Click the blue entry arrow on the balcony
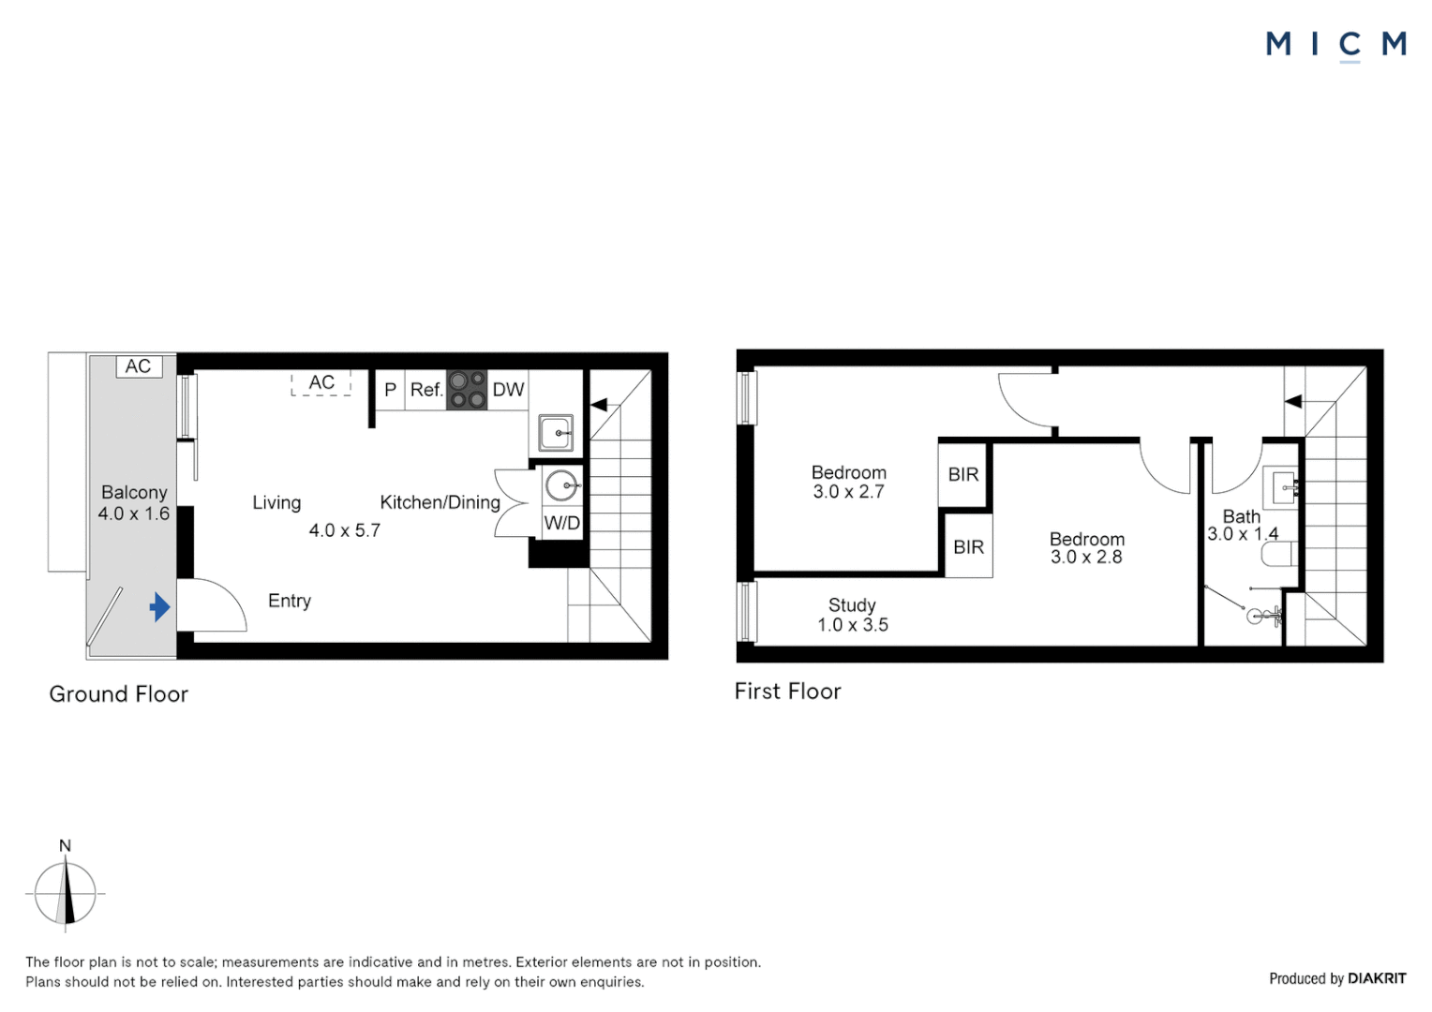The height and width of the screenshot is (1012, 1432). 160,607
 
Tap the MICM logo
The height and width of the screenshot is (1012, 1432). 1335,44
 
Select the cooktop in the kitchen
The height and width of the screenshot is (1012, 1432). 467,390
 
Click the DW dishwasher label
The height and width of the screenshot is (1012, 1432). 508,390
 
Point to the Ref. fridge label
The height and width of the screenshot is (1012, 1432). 426,390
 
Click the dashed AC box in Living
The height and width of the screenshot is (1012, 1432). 321,382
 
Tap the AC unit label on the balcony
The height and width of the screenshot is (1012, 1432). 138,366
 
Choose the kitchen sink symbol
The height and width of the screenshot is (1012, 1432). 556,433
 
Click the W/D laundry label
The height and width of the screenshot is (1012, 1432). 562,523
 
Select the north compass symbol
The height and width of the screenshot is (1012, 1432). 66,891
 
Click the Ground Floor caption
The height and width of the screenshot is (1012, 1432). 119,694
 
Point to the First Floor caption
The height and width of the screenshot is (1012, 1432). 787,692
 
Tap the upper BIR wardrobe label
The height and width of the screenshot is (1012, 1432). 963,474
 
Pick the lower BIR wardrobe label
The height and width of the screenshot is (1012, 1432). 968,546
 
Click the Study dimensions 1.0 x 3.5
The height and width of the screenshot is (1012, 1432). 853,625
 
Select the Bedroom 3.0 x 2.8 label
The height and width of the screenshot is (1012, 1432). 1086,548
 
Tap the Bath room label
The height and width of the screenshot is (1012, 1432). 1242,516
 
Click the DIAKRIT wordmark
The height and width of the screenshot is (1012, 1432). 1377,978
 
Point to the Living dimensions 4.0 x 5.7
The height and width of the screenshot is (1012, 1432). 345,530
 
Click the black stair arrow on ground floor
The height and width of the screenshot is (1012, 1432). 599,405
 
